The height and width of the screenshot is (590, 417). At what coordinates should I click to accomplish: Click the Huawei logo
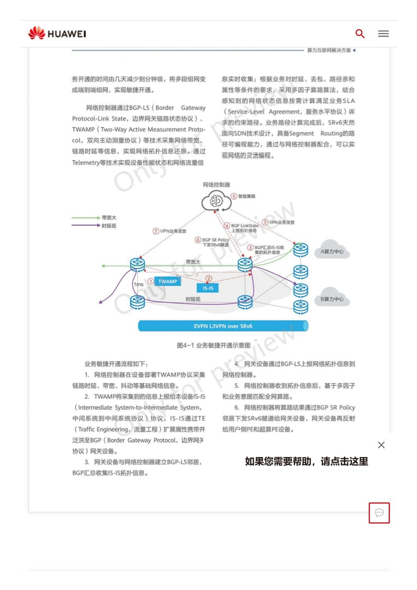(57, 33)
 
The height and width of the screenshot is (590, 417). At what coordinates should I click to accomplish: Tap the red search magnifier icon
(360, 34)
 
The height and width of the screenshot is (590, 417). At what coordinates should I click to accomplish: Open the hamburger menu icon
(383, 34)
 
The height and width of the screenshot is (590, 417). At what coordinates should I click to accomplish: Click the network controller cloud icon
(216, 203)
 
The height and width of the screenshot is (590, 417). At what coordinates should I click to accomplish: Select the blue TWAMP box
(168, 281)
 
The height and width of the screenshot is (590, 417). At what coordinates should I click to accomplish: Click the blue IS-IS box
(208, 288)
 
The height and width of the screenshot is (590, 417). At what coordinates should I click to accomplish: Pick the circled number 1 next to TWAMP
(151, 281)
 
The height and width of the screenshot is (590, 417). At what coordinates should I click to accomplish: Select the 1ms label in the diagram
(138, 284)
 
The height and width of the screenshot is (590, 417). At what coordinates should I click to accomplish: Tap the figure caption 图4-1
(205, 346)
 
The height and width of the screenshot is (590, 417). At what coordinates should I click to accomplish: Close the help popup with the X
(381, 445)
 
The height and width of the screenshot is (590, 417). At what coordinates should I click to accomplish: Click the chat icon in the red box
(379, 513)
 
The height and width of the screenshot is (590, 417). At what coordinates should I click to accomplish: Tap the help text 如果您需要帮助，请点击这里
(306, 461)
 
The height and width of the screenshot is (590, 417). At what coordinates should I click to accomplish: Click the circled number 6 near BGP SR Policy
(198, 240)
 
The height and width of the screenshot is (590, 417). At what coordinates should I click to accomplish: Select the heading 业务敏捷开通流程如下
(116, 364)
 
